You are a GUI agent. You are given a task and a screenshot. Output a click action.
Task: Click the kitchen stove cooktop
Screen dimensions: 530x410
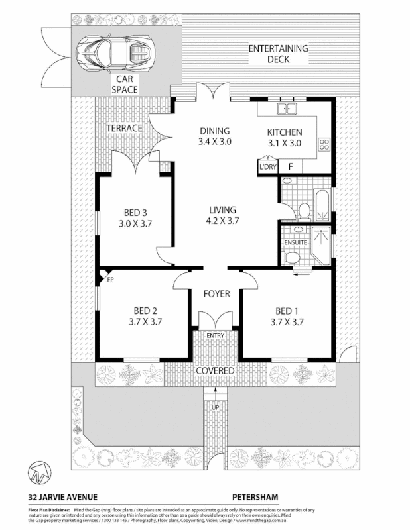[325, 144]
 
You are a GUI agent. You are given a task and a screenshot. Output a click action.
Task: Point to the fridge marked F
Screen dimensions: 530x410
[290, 166]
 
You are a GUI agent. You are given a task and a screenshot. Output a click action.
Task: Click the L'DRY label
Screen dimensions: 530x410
[267, 166]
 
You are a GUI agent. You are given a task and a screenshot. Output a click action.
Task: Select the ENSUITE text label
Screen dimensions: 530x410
[295, 242]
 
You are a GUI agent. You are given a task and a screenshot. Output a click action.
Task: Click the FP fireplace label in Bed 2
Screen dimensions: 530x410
[110, 279]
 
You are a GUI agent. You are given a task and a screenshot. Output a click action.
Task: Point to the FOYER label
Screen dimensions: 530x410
[216, 293]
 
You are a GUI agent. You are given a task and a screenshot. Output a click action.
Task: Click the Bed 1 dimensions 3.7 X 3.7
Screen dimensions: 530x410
[287, 322]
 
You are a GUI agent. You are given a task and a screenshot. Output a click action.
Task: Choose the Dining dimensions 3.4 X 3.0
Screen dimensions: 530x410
[214, 142]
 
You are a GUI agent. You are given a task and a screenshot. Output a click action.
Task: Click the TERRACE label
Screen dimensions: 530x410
[124, 128]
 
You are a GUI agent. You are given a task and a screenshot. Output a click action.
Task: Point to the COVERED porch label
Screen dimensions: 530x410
[215, 370]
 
